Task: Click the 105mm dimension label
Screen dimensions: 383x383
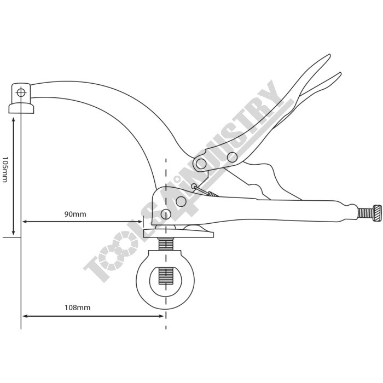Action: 4,170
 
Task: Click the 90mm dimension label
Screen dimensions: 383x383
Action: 76,214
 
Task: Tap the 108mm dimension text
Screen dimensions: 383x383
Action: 78,307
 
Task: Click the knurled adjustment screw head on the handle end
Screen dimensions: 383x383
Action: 377,214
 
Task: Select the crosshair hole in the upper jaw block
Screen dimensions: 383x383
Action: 21,92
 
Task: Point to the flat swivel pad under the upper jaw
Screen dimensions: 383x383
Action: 21,108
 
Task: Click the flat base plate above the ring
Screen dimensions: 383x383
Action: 178,234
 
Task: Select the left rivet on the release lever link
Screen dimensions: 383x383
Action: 201,164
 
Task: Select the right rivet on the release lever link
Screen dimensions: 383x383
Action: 232,157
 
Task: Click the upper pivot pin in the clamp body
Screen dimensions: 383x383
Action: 181,201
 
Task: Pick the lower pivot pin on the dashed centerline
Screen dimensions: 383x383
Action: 166,214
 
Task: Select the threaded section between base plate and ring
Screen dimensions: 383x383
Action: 166,244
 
